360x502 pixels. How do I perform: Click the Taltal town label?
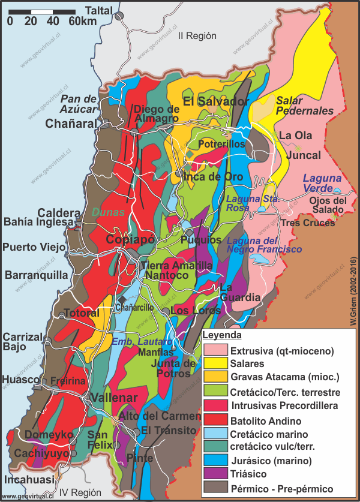point(99,10)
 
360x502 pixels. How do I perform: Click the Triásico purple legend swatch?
point(215,474)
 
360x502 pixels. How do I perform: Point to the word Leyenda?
point(221,335)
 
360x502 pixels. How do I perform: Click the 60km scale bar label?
point(82,21)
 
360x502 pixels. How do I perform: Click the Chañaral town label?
point(72,124)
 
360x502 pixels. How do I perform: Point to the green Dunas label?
point(109,212)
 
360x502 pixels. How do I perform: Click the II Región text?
point(197,35)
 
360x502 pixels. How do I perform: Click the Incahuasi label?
point(28,480)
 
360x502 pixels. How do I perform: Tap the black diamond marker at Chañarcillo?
point(122,299)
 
